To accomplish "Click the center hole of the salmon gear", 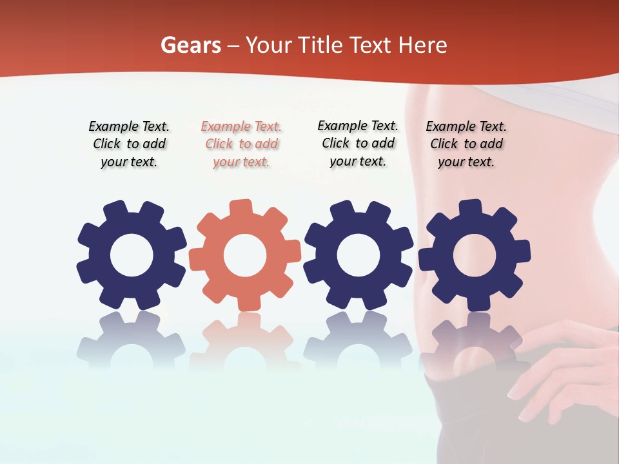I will (x=245, y=255).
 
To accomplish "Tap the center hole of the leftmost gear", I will (x=132, y=255).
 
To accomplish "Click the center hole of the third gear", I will (x=359, y=255).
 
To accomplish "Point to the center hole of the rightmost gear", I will (x=475, y=255).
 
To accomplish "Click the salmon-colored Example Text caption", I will (x=241, y=144).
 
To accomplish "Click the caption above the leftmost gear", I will (x=129, y=144).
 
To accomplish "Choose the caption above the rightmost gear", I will (x=466, y=144).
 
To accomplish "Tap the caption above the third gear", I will (x=358, y=144).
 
